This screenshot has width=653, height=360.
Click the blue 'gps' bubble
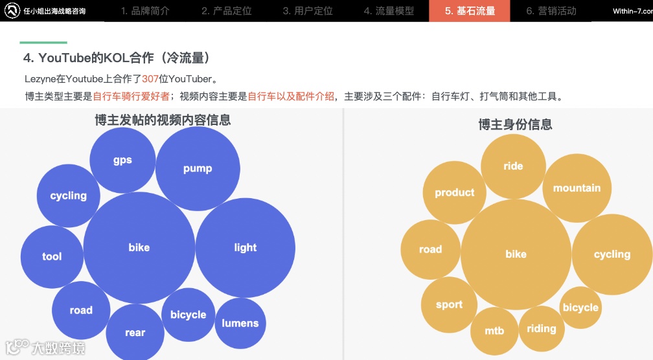click(122, 160)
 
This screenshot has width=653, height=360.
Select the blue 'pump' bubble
click(198, 168)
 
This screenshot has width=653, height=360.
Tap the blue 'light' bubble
click(246, 247)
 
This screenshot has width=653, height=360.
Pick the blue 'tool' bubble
click(52, 256)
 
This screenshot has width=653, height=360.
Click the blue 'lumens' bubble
click(240, 323)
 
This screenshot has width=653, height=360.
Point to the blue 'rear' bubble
click(135, 332)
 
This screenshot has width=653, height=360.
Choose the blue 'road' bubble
click(81, 310)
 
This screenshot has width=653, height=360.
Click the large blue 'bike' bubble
click(139, 247)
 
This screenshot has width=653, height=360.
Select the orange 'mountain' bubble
click(577, 188)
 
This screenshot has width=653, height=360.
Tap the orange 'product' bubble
click(454, 192)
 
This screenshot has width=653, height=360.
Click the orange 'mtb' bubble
click(494, 331)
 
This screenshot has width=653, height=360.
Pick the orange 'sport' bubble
click(449, 304)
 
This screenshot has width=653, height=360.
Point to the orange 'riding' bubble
click(542, 328)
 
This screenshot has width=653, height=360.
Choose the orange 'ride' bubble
click(513, 166)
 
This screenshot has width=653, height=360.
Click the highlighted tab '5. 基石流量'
click(469, 11)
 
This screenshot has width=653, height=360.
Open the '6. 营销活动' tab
click(551, 11)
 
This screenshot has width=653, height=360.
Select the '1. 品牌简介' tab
click(145, 11)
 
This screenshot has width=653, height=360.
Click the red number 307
click(150, 80)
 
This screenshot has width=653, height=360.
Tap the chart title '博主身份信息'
click(515, 124)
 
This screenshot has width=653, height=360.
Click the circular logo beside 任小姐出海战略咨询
click(11, 11)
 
